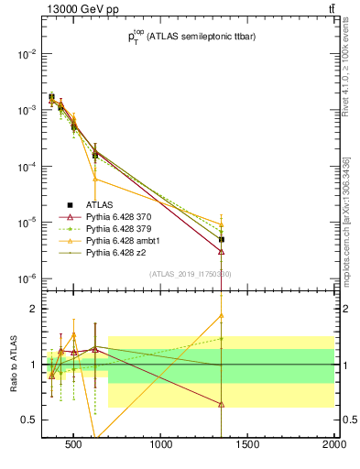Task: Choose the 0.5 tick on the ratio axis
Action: [x=28, y=420]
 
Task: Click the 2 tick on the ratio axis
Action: [x=33, y=309]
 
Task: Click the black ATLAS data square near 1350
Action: [x=222, y=240]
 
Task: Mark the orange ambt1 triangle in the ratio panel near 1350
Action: [x=222, y=316]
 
